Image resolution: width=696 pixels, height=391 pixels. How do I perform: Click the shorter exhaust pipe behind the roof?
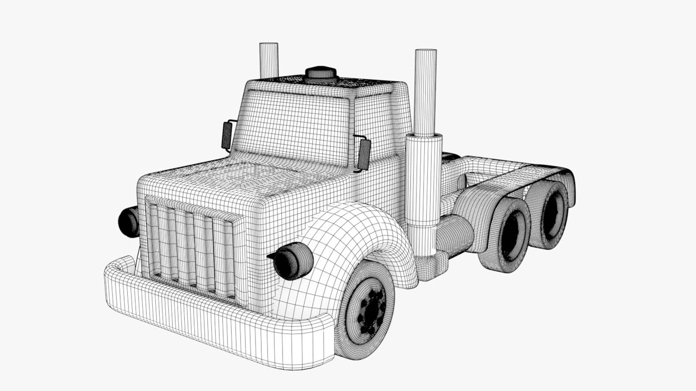click(x=269, y=60)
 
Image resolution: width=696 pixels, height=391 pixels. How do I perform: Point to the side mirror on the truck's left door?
click(x=227, y=136)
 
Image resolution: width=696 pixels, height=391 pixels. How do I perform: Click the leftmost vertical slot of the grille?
click(x=154, y=239)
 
